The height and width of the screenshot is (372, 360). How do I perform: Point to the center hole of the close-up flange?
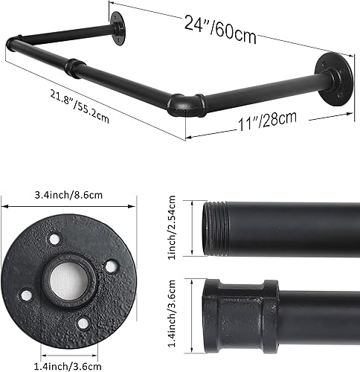(x=68, y=280)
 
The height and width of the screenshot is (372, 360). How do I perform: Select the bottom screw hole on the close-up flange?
(x=83, y=321)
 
